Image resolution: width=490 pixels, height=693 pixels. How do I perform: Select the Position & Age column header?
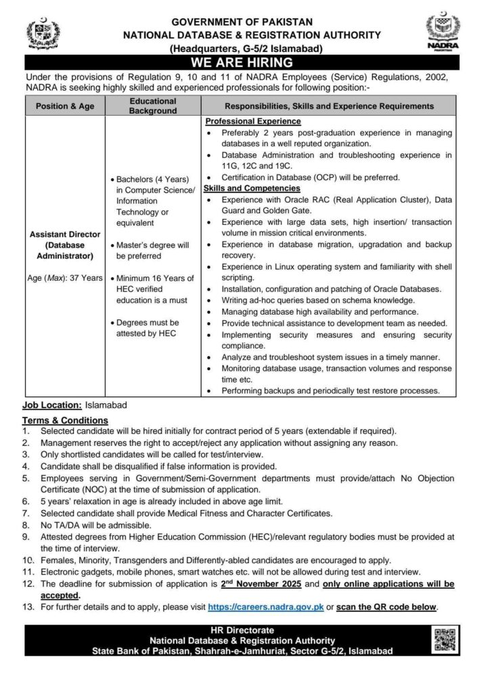tap(66, 106)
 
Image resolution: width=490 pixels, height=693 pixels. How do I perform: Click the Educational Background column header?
tap(153, 106)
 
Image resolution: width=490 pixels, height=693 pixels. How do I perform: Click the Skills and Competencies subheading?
tap(248, 187)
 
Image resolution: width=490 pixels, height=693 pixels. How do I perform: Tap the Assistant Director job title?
tap(66, 233)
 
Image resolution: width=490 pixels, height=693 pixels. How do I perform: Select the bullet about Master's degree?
tap(154, 250)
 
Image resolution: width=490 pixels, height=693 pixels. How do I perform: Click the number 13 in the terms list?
tap(28, 607)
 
